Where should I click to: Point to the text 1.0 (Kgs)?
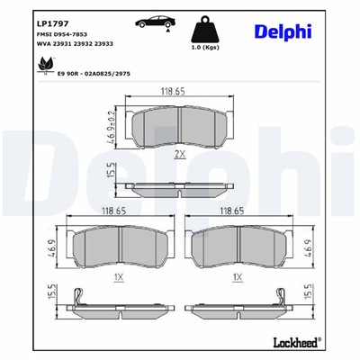click(208, 46)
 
